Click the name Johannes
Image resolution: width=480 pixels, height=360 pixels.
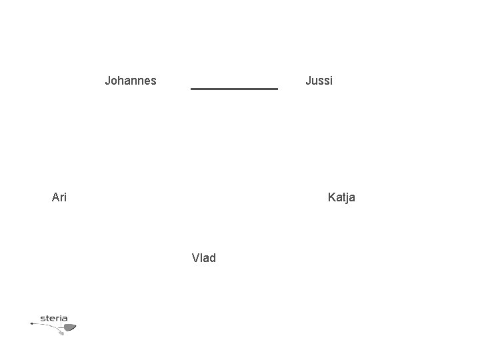point(131,81)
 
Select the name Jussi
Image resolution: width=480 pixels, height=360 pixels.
point(319,81)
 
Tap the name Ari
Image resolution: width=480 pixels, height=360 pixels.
point(59,197)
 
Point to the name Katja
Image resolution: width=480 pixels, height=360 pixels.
point(341,197)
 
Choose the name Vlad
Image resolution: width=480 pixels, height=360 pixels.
point(203,258)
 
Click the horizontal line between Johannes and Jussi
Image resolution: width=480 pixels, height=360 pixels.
point(234,88)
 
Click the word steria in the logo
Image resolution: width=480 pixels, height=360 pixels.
point(53,318)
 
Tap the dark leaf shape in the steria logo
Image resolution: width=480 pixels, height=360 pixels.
point(69,327)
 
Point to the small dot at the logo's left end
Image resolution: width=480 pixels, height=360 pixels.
point(31,323)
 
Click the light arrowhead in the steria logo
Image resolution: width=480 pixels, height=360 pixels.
point(61,332)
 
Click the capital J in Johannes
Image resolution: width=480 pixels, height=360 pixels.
point(108,81)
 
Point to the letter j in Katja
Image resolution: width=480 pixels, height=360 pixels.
point(347,198)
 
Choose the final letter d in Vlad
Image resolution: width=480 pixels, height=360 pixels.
point(212,258)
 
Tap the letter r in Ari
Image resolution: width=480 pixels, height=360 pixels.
point(62,198)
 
